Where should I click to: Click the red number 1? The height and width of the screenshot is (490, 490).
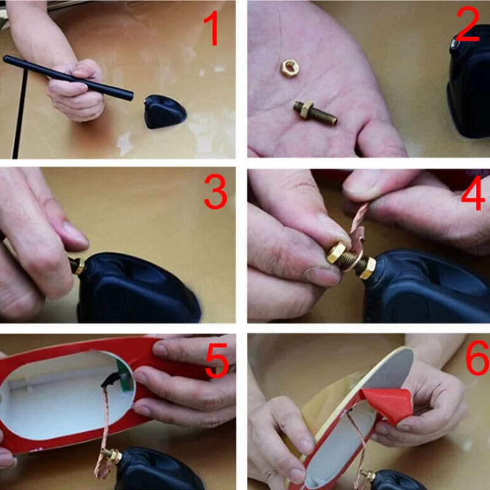214,28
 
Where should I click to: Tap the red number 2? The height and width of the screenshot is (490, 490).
467,24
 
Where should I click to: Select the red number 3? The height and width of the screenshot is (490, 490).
216,191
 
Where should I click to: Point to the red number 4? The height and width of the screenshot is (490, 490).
473,193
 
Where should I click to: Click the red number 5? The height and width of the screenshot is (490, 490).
217,360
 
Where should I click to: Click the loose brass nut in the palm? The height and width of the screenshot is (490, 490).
290,68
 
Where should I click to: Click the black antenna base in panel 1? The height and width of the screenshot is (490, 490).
165,111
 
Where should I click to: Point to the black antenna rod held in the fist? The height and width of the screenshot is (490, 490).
68,78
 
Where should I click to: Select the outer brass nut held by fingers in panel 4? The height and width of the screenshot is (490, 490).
336,252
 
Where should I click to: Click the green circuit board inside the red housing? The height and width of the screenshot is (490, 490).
124,375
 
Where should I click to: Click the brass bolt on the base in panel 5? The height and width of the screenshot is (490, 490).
111,456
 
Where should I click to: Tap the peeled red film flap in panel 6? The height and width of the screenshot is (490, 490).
388,404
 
